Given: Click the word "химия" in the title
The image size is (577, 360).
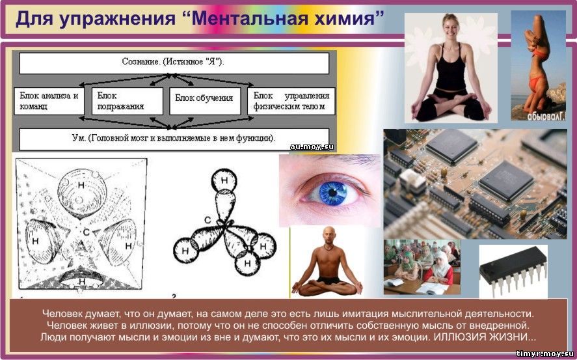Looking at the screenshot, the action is click(x=342, y=18).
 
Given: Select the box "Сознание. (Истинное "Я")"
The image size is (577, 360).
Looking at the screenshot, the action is click(x=174, y=63).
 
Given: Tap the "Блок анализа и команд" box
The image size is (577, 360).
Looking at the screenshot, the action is click(x=49, y=101).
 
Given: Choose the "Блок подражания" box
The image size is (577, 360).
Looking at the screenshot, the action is click(x=127, y=101).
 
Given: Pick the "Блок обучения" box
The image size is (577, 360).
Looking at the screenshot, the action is click(x=205, y=101).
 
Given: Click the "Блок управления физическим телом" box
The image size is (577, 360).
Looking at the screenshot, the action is click(x=291, y=101).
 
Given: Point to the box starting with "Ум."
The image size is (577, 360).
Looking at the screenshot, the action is click(x=174, y=139).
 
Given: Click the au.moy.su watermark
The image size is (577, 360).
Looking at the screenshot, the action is click(x=312, y=147).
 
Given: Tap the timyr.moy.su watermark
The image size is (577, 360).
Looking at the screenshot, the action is click(x=544, y=353).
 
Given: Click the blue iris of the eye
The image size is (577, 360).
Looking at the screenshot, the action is click(x=332, y=193).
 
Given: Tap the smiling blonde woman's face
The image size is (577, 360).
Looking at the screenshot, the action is click(x=450, y=27).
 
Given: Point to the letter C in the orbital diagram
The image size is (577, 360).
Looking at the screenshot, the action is click(x=208, y=221).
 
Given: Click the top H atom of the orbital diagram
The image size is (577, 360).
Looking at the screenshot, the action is click(x=224, y=180).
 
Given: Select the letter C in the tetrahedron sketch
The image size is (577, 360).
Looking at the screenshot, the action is click(x=86, y=232).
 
